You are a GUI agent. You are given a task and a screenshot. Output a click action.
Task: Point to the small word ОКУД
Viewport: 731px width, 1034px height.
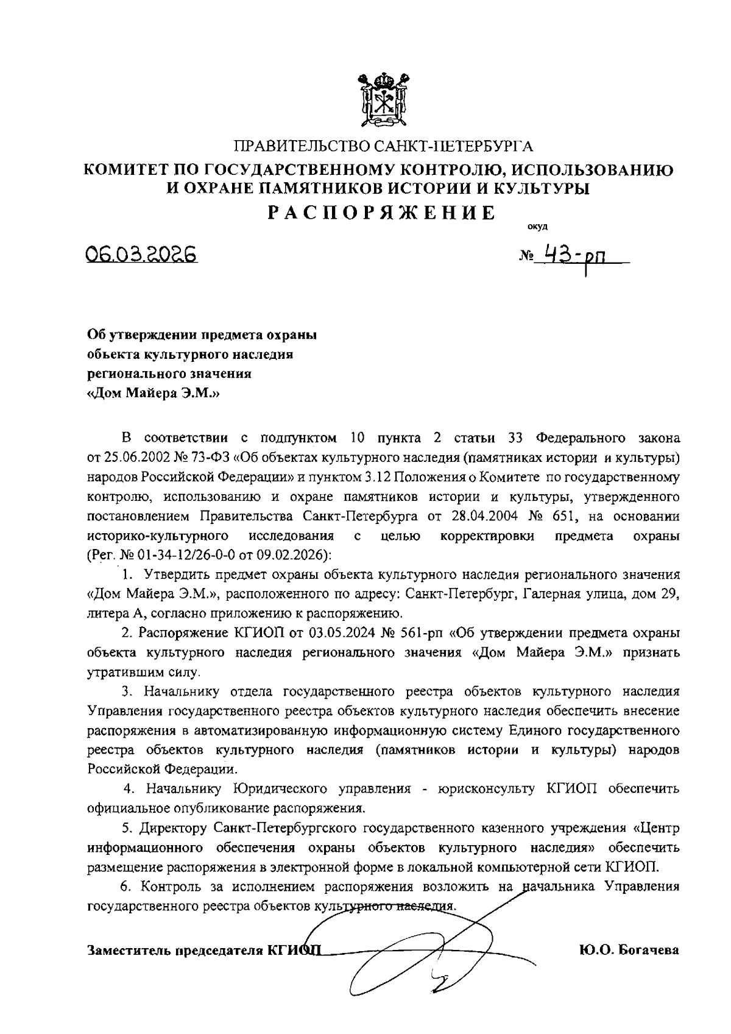537,227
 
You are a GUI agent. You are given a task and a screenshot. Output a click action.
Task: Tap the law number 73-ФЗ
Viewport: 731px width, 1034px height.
211,457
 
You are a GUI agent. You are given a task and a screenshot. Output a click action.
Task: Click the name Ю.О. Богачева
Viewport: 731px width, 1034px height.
630,950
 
